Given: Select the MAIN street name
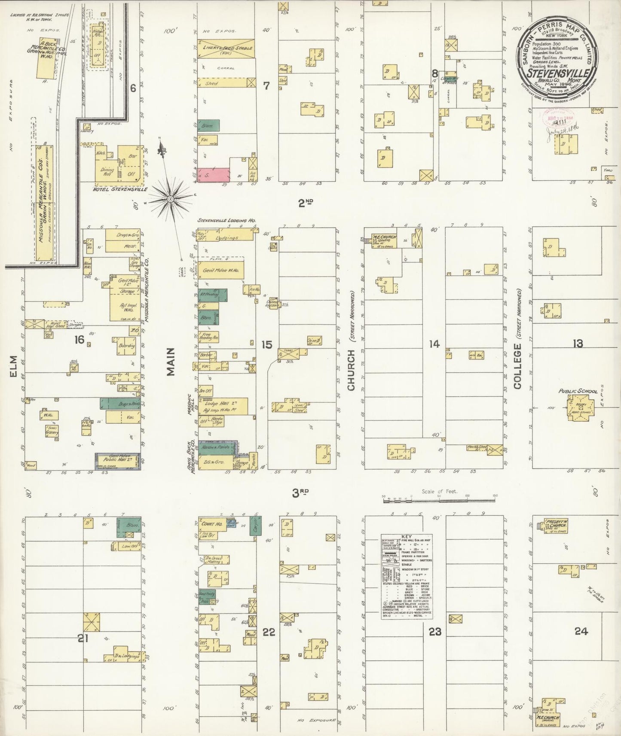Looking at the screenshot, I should point(171,362).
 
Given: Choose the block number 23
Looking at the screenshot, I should point(435,632).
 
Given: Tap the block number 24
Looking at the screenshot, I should point(581,631).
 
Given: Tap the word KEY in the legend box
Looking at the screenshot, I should point(407,537).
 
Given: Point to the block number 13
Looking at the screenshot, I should point(578,343).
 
